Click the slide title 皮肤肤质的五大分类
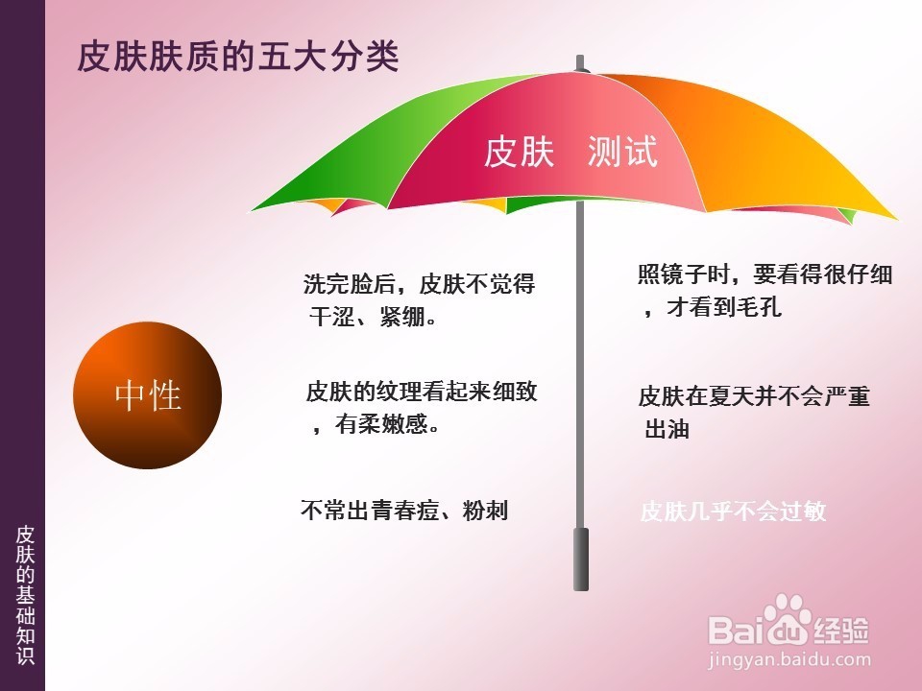238,57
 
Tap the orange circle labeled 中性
148,395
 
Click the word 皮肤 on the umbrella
520,153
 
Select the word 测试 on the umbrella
622,153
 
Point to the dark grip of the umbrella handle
581,559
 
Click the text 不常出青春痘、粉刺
404,510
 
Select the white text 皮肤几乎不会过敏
733,511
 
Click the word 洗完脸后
350,284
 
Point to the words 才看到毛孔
724,307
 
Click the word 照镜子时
684,274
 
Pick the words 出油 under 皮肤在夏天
667,429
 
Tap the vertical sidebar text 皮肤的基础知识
25,595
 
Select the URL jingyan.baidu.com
789,659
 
